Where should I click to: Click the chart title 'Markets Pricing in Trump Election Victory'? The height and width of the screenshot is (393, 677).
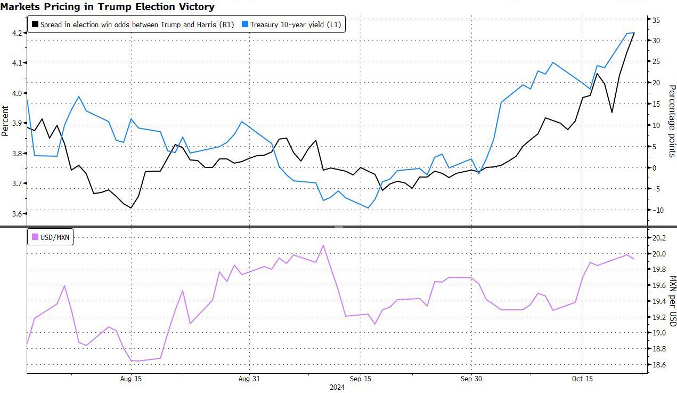click(x=108, y=7)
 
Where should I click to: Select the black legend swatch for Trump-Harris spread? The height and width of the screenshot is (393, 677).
click(x=35, y=24)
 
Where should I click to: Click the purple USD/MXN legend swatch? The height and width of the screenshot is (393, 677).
click(x=35, y=236)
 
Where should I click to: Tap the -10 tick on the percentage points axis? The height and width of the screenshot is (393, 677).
click(x=657, y=210)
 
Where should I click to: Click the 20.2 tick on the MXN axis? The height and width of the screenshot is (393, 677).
click(x=659, y=238)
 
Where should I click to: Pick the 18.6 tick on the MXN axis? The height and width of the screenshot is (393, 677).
click(x=659, y=365)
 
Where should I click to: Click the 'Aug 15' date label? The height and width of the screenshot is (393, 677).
click(x=131, y=379)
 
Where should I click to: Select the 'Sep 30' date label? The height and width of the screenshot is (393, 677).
click(x=471, y=379)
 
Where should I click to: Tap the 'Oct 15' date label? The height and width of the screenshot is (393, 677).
click(x=582, y=379)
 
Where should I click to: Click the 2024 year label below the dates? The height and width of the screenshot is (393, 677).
click(x=337, y=388)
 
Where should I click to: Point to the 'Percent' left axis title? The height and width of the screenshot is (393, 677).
click(x=5, y=122)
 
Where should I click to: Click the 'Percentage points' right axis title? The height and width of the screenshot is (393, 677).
click(x=672, y=121)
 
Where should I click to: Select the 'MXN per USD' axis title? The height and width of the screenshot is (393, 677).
click(x=672, y=301)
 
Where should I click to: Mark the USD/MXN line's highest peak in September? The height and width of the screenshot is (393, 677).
click(x=323, y=245)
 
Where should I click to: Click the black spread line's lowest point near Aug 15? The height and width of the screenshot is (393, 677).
click(x=131, y=208)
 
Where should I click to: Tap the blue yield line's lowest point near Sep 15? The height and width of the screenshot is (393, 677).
click(x=368, y=208)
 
